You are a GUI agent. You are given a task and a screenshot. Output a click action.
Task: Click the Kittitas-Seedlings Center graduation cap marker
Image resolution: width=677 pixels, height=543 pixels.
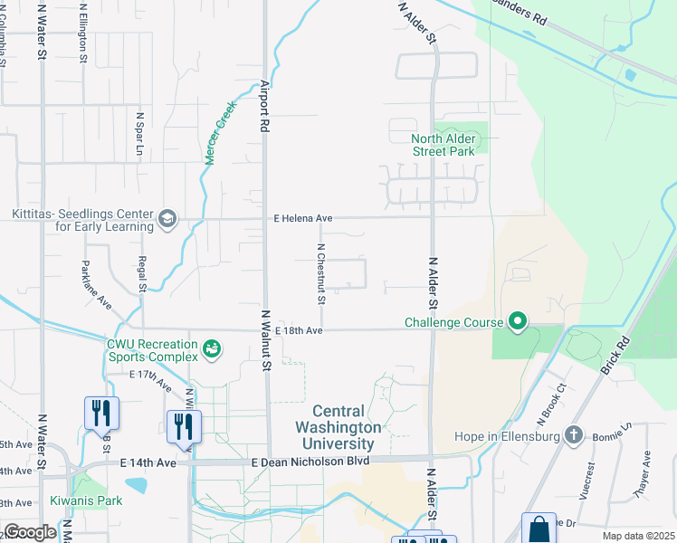167,218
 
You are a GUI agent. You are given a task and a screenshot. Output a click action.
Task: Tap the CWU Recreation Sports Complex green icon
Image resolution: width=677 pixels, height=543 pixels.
212,348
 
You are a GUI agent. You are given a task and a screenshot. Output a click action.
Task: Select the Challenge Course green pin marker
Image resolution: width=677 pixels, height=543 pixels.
518,321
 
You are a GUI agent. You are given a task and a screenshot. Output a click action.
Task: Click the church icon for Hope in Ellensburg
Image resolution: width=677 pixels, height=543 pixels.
572,435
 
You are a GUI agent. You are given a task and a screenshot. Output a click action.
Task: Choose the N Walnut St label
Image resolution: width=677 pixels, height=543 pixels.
266,339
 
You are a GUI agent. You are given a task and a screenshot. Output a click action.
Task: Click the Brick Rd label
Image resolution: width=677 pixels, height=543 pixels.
615,357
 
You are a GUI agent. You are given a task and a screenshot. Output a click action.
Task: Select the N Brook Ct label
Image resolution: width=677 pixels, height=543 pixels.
549,403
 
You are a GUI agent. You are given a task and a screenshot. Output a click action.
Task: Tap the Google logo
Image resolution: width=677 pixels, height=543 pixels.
30,532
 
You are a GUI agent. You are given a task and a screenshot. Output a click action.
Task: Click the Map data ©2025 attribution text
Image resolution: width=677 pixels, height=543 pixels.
638,536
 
